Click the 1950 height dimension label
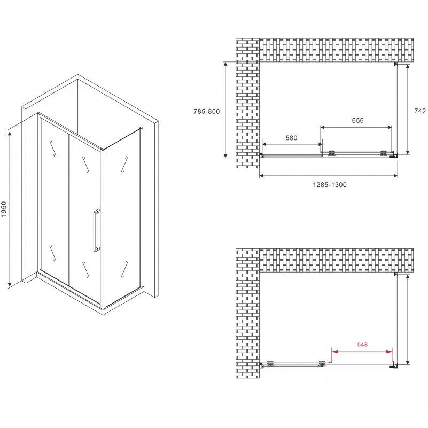coord(4,209)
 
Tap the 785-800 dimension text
coord(207,111)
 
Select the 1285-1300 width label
coord(330,185)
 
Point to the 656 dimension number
coord(358,120)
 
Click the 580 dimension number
coord(292,138)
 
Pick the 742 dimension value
coord(420,111)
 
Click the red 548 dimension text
coord(362,345)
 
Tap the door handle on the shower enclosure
coord(96,230)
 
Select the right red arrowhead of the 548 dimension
coord(390,352)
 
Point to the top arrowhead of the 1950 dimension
coord(10,134)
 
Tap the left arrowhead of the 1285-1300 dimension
coord(261,176)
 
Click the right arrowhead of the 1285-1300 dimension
coord(395,176)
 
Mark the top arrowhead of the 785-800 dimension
coord(225,65)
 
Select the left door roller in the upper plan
coord(332,153)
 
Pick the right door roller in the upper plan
coord(383,153)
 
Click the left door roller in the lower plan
coord(270,363)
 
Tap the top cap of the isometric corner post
coord(102,149)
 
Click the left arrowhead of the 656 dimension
coord(323,127)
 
